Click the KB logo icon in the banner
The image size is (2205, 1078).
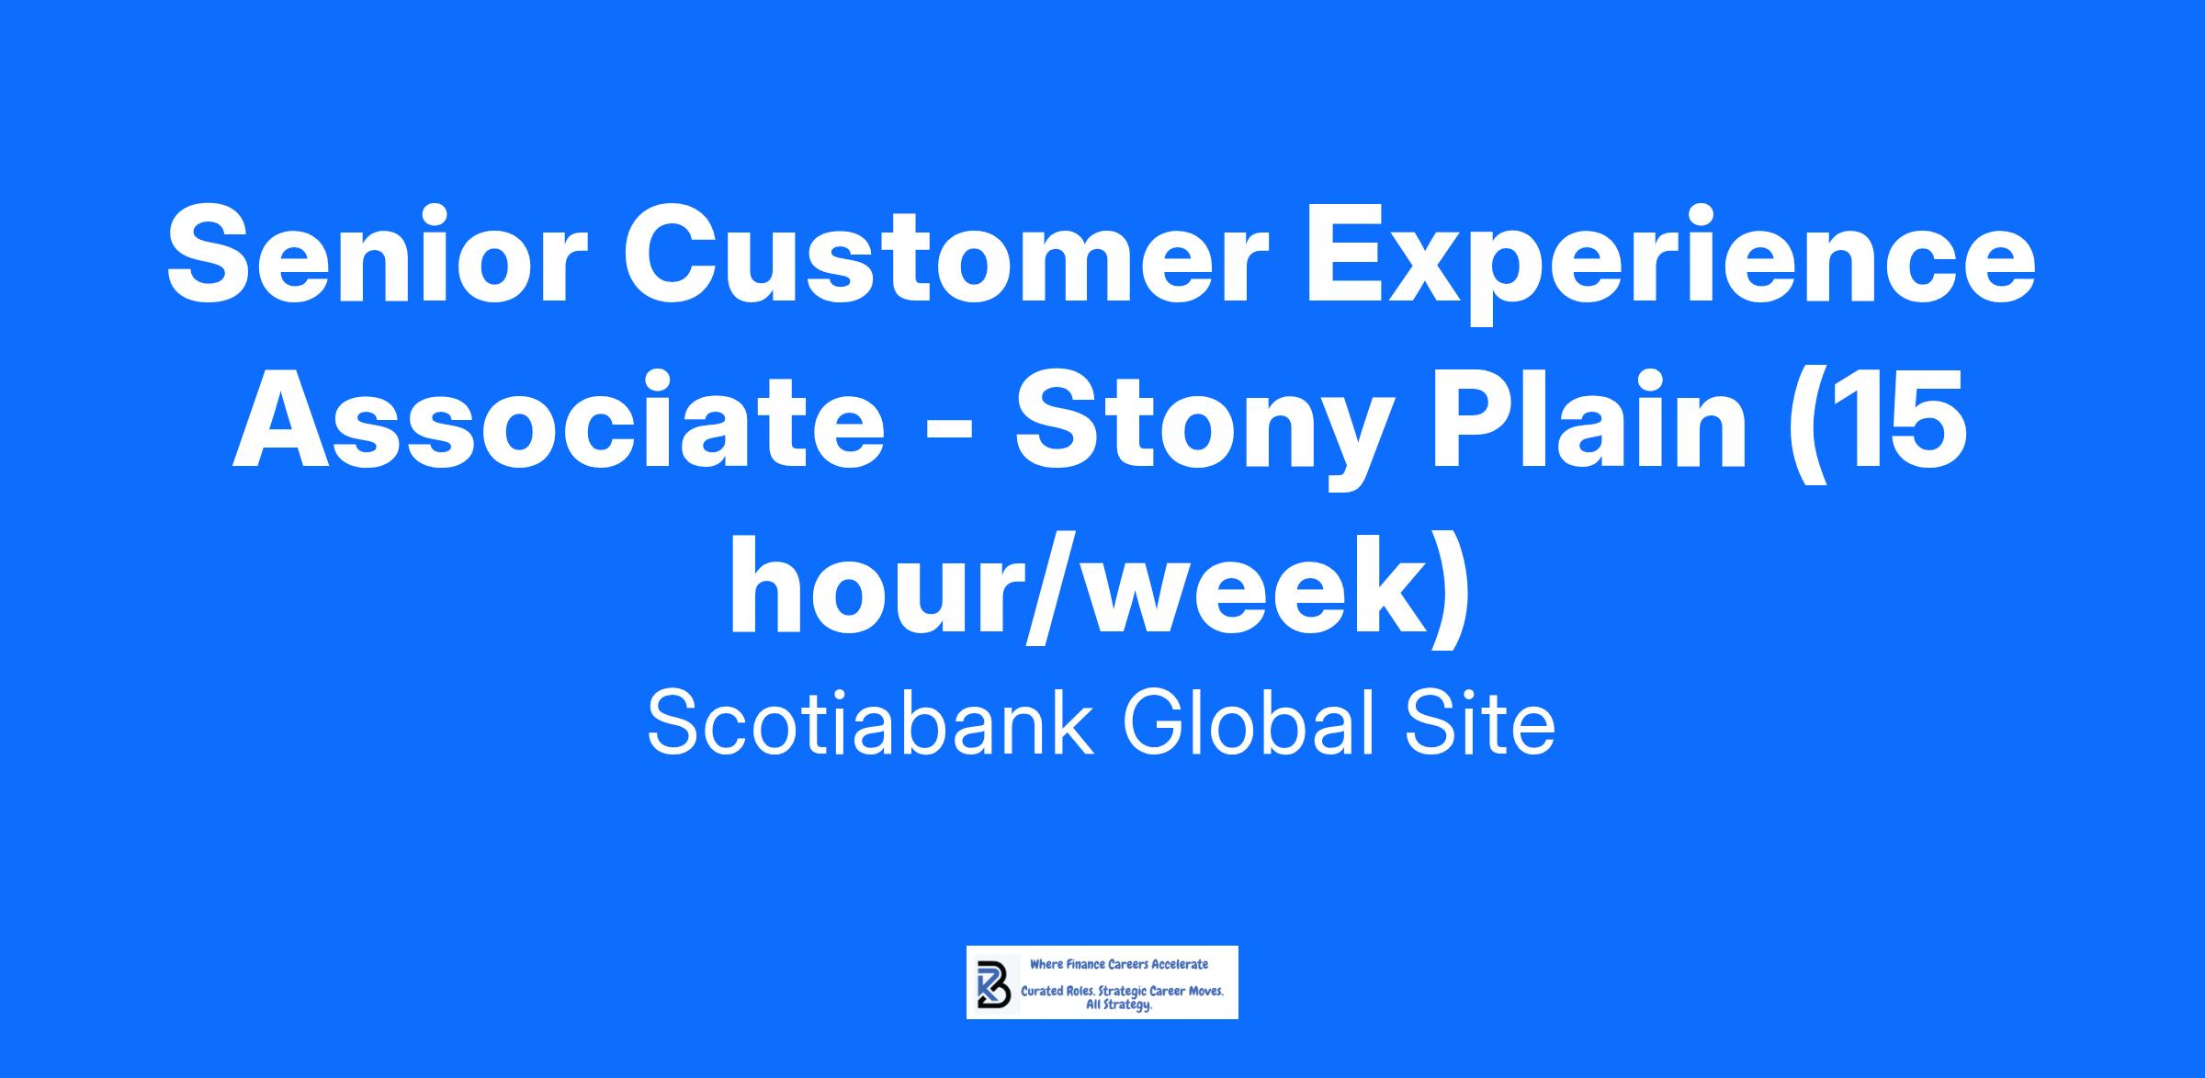(992, 982)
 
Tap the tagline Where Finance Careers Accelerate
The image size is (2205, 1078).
(1119, 965)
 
